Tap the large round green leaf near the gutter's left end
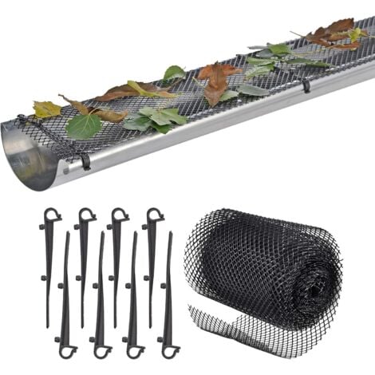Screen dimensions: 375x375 point(84,126)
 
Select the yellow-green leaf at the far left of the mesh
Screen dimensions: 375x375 point(46,109)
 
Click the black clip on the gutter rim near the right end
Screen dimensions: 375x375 point(306,85)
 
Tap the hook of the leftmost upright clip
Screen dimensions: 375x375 point(51,215)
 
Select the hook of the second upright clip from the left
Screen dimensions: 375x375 point(86,215)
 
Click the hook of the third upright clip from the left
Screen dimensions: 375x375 point(118,215)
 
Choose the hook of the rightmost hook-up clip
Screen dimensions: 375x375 point(153,215)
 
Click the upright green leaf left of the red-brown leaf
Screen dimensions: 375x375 point(173,73)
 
